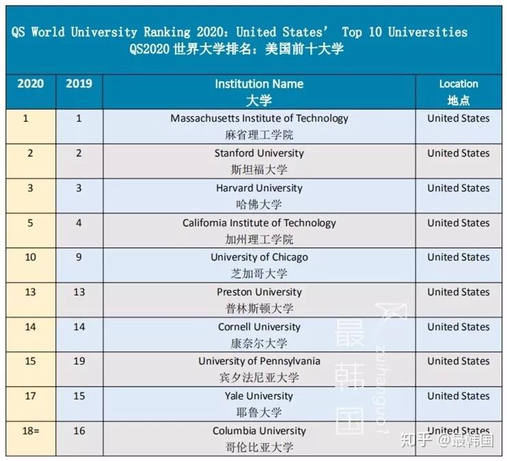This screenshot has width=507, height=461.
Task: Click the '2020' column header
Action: (x=30, y=83)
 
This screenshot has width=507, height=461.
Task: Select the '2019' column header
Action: (x=79, y=83)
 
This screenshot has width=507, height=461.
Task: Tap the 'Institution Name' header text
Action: (x=260, y=84)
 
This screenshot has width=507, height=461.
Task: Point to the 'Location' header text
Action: (x=458, y=84)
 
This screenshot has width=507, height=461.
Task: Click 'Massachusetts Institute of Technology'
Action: (x=260, y=118)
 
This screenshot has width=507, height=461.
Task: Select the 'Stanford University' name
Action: (x=260, y=153)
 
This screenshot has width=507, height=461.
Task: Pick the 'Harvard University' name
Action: (x=260, y=188)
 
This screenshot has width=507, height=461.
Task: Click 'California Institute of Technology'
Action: (x=260, y=223)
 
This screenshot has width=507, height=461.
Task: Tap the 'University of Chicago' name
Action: (x=260, y=257)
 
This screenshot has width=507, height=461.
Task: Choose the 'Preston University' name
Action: (x=260, y=292)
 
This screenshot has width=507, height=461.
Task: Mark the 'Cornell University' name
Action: (x=260, y=327)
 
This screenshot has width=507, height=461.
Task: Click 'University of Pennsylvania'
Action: (x=260, y=361)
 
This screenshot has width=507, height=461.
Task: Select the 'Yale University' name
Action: (x=260, y=396)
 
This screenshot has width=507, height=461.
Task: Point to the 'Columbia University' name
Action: (x=260, y=431)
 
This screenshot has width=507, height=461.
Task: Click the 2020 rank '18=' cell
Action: (x=31, y=431)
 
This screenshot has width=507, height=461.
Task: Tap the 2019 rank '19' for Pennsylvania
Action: (x=79, y=361)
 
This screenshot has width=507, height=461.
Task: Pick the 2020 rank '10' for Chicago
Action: (x=30, y=257)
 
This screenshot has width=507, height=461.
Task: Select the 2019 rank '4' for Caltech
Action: (x=79, y=223)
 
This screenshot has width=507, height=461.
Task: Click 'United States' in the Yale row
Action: (x=458, y=396)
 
